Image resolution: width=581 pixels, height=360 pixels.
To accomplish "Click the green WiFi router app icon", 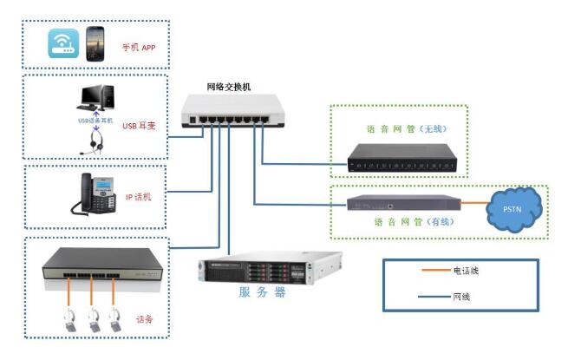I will (x=62, y=43).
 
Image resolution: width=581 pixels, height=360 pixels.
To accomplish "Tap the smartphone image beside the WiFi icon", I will (x=95, y=43).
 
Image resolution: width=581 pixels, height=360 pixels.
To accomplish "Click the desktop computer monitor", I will (x=93, y=99).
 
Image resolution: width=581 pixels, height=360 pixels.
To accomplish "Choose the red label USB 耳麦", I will (x=139, y=126).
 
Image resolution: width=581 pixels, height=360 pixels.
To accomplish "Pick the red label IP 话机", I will (x=139, y=197).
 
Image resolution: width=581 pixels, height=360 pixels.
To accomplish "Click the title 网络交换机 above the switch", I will (x=228, y=87).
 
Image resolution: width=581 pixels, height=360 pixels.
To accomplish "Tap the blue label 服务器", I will (x=262, y=292).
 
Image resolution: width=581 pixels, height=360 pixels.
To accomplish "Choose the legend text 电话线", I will (x=466, y=271).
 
